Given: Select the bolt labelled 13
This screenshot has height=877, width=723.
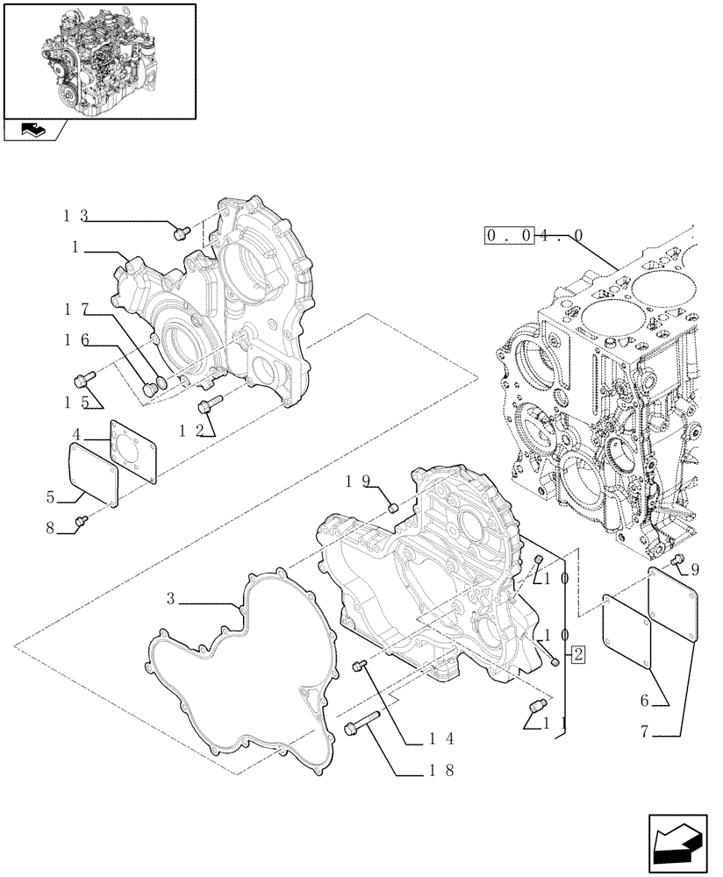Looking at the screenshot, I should pos(183,232).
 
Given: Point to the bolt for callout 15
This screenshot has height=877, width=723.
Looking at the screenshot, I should pos(85,380).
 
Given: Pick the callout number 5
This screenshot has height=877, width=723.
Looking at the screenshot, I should pos(52,497).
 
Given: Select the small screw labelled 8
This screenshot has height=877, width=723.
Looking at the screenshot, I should pos(82,522).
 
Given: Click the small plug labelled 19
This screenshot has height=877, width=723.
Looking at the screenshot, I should pos(394,506).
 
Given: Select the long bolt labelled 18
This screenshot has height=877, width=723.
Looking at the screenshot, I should pos(362,725).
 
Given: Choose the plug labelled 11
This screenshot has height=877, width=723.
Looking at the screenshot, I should pos(537,706).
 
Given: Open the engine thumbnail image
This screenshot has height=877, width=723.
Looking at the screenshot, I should pos(99,60).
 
